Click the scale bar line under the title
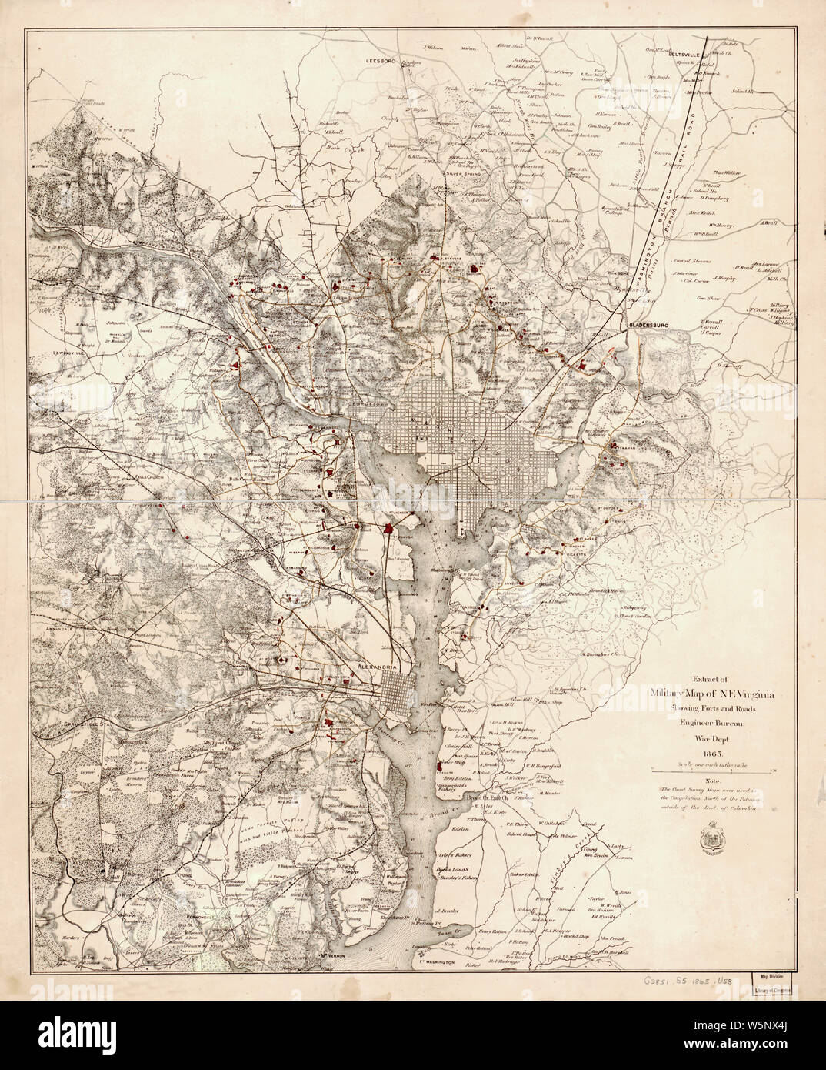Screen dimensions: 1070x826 [711, 770]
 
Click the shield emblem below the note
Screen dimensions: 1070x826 [708, 841]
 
